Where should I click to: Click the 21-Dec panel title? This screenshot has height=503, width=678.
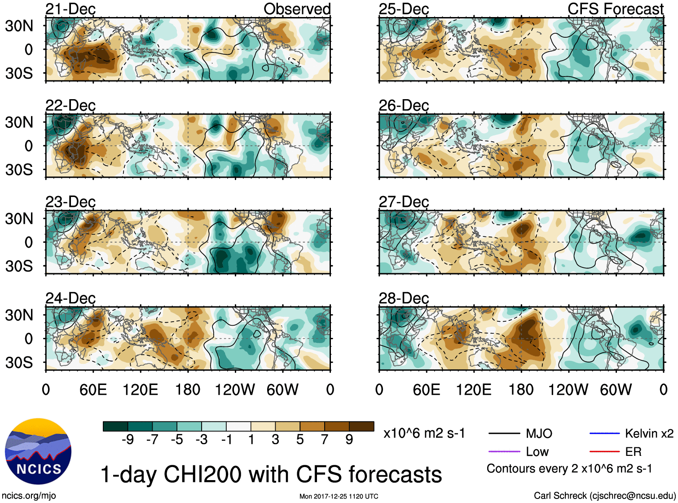(70, 9)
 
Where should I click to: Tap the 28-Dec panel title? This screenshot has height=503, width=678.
(404, 298)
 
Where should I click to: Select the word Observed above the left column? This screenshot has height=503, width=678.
(297, 9)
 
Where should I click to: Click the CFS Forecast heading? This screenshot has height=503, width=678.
(615, 9)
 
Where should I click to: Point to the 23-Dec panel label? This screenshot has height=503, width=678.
(70, 202)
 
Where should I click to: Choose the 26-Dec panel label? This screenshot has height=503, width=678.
(404, 105)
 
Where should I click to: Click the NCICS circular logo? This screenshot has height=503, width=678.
(38, 451)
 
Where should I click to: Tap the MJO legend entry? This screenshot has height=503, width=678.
(539, 433)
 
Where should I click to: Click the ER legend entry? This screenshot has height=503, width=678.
(633, 451)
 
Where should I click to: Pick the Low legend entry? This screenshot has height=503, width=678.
(537, 451)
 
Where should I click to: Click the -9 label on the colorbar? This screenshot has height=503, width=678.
(128, 440)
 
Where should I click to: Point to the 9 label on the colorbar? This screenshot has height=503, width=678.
(349, 440)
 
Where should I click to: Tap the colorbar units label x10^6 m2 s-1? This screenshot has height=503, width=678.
(424, 433)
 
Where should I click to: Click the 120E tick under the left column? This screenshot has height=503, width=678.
(141, 389)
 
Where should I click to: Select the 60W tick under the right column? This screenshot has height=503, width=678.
(616, 389)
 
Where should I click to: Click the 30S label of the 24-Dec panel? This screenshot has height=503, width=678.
(19, 363)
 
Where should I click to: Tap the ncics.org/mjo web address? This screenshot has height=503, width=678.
(29, 495)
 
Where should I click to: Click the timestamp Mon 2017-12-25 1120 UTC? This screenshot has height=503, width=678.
(339, 496)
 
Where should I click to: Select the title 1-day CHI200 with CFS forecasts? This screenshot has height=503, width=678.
(271, 474)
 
